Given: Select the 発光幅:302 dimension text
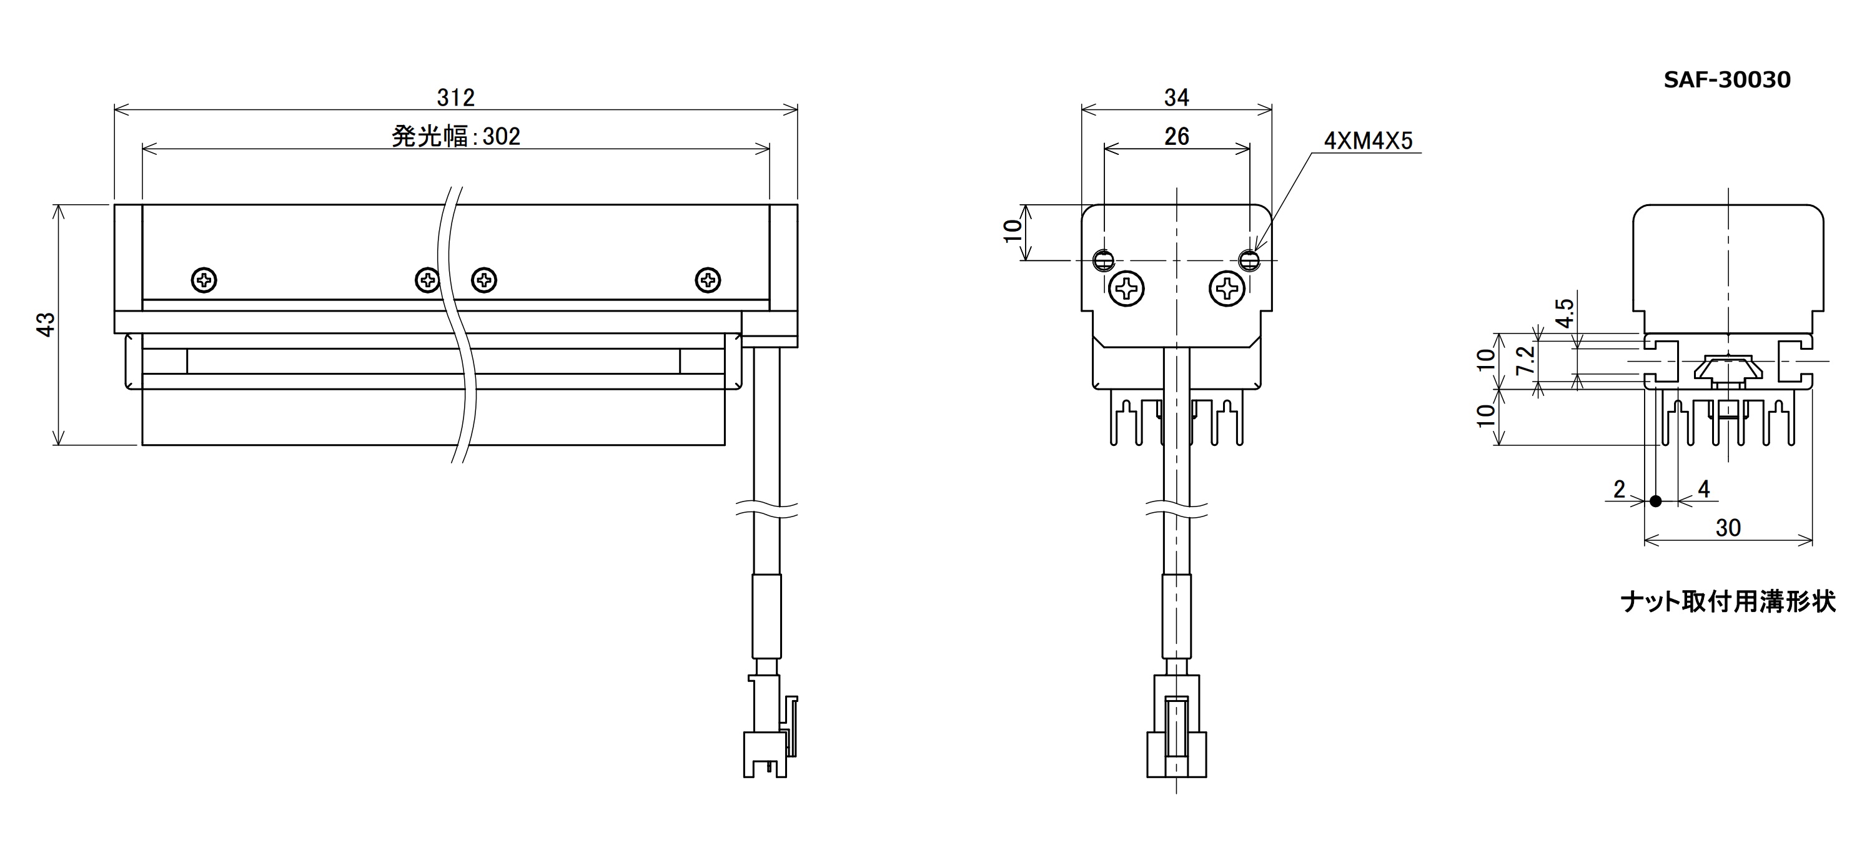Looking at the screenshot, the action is coord(456,136).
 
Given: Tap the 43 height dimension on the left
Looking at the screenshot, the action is coord(46,324).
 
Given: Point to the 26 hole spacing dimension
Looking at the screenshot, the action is coord(1176,136).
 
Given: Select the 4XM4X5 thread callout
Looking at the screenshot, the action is coord(1369,141).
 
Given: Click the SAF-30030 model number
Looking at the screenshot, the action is coord(1727,80).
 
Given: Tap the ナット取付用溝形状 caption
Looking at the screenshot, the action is coord(1728,601).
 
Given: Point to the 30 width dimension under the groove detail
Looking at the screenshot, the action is coord(1728,528).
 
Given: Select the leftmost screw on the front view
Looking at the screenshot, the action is coord(204,280).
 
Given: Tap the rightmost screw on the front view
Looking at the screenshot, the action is coord(707,280).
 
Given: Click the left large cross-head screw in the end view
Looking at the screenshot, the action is coord(1126,289).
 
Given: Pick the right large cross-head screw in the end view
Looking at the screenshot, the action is coord(1227,289).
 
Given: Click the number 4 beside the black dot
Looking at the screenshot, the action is coord(1704,489).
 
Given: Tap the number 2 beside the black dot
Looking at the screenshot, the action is coord(1619,490).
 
